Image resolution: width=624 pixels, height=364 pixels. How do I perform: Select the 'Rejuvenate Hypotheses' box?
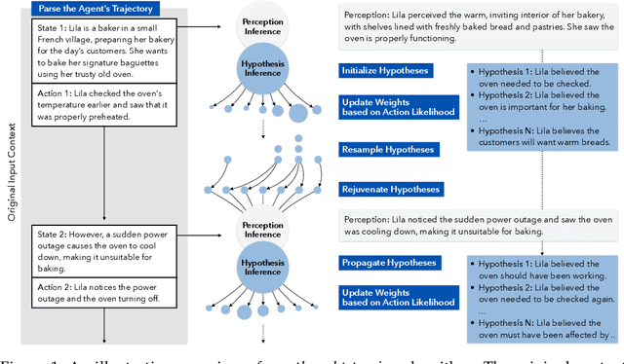(x=390, y=189)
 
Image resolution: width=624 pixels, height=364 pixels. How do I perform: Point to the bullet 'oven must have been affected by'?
(x=543, y=329)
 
